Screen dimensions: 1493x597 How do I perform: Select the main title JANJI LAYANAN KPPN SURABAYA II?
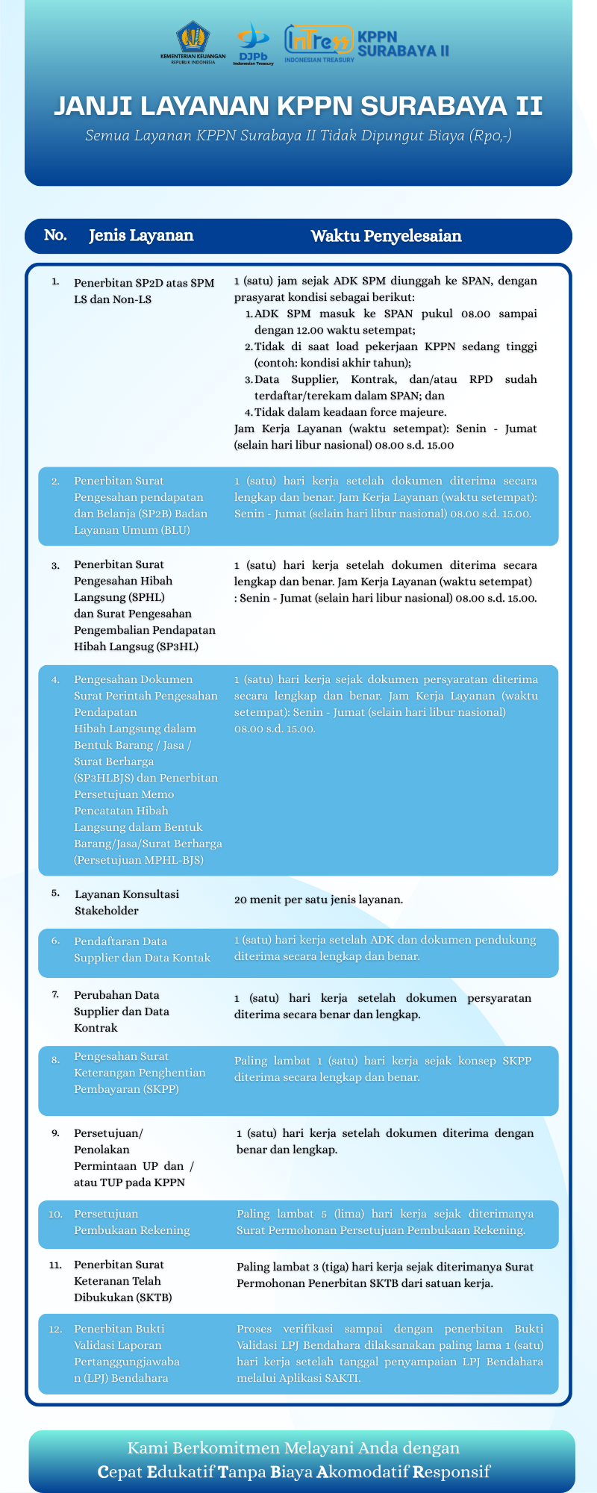pyautogui.click(x=298, y=106)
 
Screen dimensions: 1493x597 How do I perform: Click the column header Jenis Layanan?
pyautogui.click(x=141, y=236)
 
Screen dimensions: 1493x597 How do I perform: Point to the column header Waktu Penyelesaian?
pyautogui.click(x=386, y=237)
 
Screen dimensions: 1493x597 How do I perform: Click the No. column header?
pyautogui.click(x=55, y=236)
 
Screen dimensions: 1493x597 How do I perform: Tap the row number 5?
pyautogui.click(x=55, y=893)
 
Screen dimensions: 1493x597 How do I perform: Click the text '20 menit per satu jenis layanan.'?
pyautogui.click(x=319, y=900)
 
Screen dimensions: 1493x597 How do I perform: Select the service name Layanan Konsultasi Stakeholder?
pyautogui.click(x=127, y=903)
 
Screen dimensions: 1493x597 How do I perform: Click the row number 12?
pyautogui.click(x=55, y=1329)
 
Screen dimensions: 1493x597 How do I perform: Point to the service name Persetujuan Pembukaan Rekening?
pyautogui.click(x=132, y=1222)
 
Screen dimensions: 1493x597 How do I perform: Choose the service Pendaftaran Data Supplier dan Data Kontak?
pyautogui.click(x=142, y=950)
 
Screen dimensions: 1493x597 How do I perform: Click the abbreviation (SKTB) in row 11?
pyautogui.click(x=154, y=1297)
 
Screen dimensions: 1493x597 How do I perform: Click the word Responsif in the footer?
pyautogui.click(x=454, y=1472)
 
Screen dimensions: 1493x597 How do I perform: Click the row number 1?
pyautogui.click(x=55, y=282)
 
